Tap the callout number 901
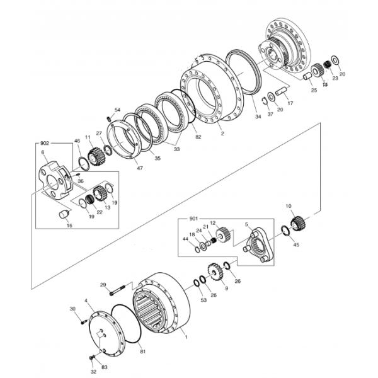[x=193, y=219]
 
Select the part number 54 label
[x=117, y=110]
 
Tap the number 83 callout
[x=105, y=367]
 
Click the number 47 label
[x=139, y=169]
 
